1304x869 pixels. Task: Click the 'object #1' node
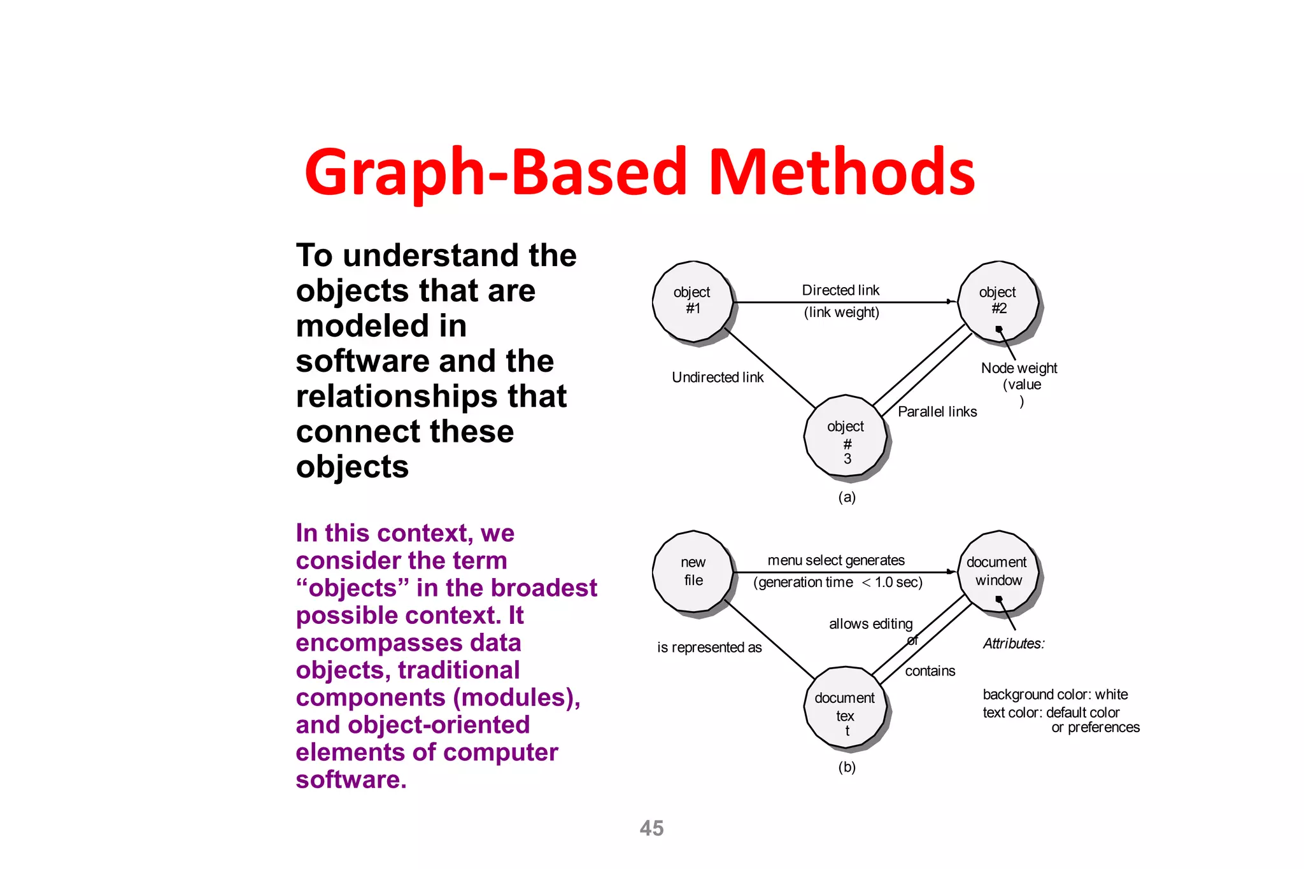pyautogui.click(x=693, y=302)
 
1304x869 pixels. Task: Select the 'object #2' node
pyautogui.click(x=998, y=300)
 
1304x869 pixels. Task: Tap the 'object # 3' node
pyautogui.click(x=846, y=436)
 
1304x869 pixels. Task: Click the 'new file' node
pyautogui.click(x=693, y=571)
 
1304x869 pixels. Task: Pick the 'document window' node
pyautogui.click(x=998, y=571)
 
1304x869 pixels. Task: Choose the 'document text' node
pyautogui.click(x=845, y=707)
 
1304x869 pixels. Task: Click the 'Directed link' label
pyautogui.click(x=840, y=290)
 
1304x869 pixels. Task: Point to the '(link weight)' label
pyautogui.click(x=841, y=313)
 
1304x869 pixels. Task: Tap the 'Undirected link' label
pyautogui.click(x=718, y=378)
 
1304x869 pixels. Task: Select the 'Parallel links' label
pyautogui.click(x=937, y=412)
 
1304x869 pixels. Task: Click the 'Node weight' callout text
pyautogui.click(x=1019, y=368)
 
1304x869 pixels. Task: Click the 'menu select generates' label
pyautogui.click(x=836, y=560)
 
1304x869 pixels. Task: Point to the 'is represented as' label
pyautogui.click(x=709, y=647)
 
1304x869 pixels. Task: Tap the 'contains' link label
pyautogui.click(x=930, y=671)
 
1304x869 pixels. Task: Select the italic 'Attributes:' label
pyautogui.click(x=1014, y=644)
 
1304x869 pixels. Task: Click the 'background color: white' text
pyautogui.click(x=1055, y=695)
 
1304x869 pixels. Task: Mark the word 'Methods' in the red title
pyautogui.click(x=842, y=172)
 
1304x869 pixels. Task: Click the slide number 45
pyautogui.click(x=651, y=828)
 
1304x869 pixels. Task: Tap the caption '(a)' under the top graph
pyautogui.click(x=846, y=497)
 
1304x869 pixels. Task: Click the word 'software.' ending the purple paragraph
pyautogui.click(x=351, y=780)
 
